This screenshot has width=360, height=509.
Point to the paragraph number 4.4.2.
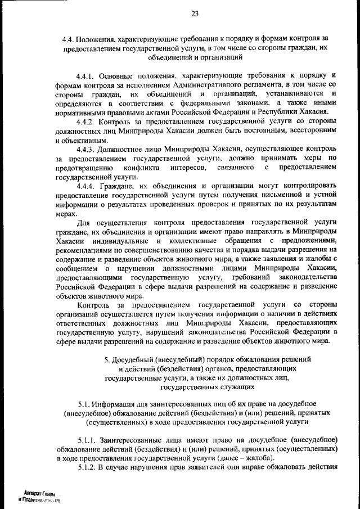coord(87,120)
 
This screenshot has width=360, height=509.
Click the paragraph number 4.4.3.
coord(87,149)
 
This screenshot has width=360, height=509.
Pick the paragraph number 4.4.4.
coord(87,186)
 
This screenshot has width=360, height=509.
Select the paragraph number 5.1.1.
coord(88,439)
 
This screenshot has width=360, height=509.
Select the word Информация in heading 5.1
coord(116,404)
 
